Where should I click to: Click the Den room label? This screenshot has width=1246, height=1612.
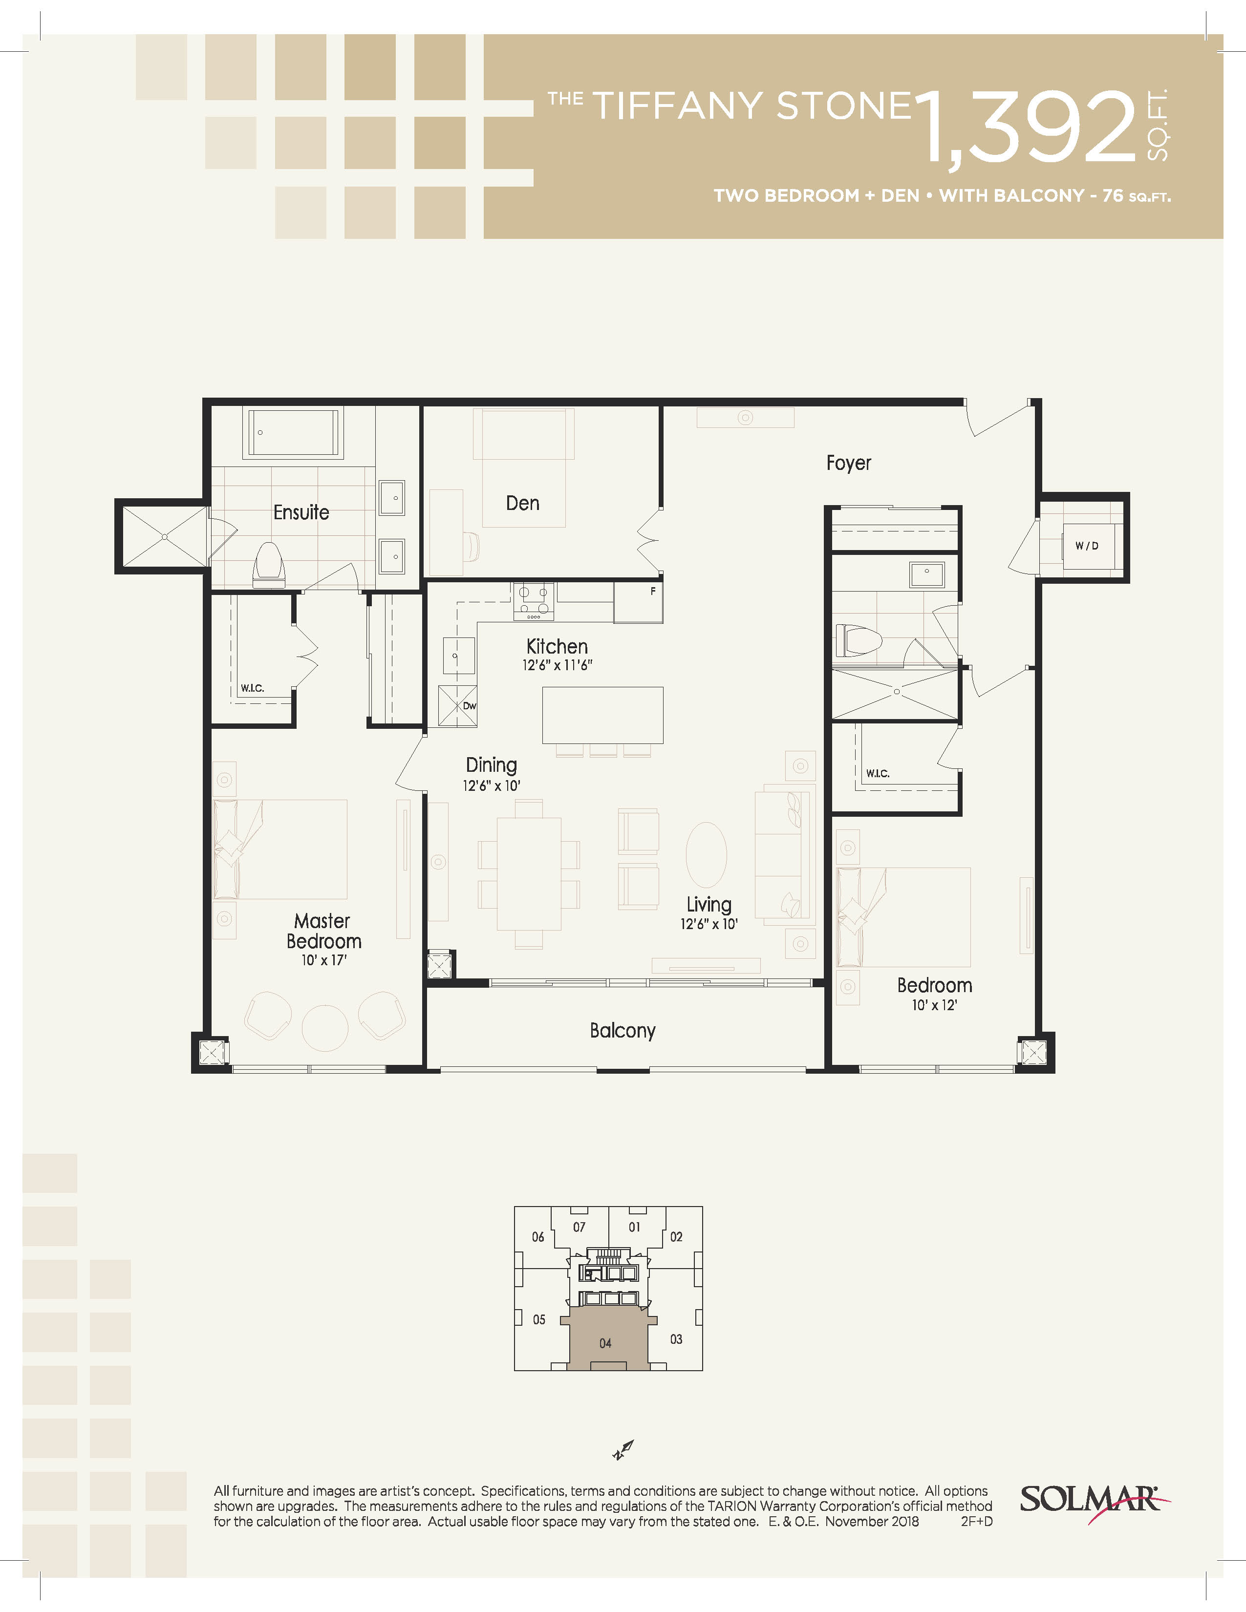click(x=523, y=503)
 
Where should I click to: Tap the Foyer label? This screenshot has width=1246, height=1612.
click(x=848, y=463)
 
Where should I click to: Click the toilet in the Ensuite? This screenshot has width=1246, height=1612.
click(x=269, y=565)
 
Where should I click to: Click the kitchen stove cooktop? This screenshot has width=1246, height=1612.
click(x=534, y=598)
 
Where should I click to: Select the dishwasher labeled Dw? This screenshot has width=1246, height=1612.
click(x=458, y=706)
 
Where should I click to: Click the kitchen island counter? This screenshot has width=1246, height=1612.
click(x=602, y=715)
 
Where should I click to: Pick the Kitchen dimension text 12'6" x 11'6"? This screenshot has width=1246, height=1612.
click(x=558, y=665)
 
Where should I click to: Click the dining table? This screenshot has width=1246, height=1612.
click(x=529, y=874)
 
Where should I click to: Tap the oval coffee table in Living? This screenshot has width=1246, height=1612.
click(x=707, y=855)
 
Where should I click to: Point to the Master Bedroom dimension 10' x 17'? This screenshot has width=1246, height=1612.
click(x=324, y=960)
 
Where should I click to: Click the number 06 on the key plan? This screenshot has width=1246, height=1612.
click(x=538, y=1237)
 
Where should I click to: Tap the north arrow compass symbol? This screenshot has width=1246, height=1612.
click(x=623, y=1450)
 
